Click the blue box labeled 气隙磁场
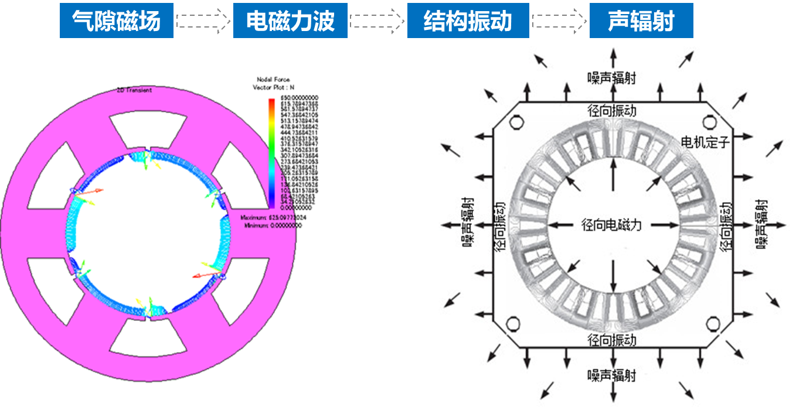click(x=116, y=22)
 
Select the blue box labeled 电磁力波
click(x=290, y=22)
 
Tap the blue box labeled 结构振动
click(x=468, y=22)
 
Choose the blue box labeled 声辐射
click(x=641, y=22)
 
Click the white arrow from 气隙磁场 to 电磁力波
click(x=203, y=22)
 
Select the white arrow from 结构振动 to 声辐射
click(x=559, y=22)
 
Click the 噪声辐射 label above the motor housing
click(x=611, y=77)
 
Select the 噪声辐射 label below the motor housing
click(x=611, y=375)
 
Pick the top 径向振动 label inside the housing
click(x=611, y=110)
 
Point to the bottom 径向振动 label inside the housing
click(x=611, y=340)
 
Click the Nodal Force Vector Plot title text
click(x=273, y=83)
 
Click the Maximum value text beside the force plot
click(x=274, y=218)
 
